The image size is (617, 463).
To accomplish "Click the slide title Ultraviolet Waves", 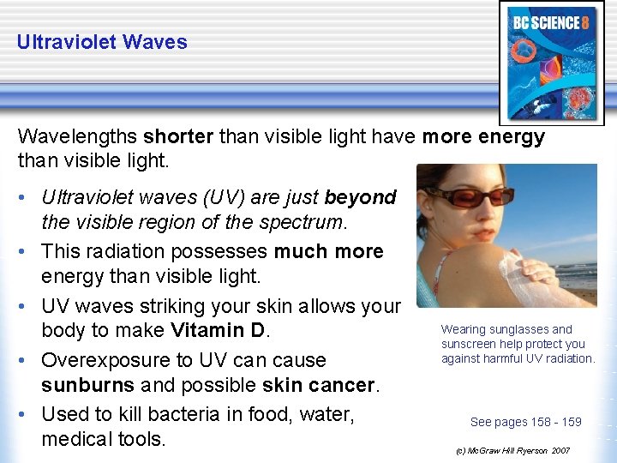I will [101, 41].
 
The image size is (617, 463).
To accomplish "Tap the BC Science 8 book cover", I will [548, 64].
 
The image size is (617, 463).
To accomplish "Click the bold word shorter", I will [179, 136].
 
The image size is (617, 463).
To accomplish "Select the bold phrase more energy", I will [483, 136].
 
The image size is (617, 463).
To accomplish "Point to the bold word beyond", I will [360, 198].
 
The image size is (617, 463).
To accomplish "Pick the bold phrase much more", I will [328, 251].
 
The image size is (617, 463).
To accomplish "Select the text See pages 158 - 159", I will [525, 421].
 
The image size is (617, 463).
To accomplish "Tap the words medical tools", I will [104, 439].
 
